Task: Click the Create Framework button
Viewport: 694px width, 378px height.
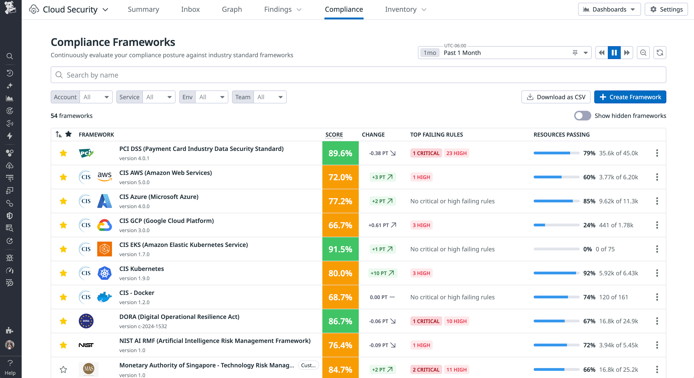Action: pyautogui.click(x=630, y=97)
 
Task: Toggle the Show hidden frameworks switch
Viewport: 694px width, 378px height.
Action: pyautogui.click(x=582, y=116)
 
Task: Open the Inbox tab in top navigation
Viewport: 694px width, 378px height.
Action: pyautogui.click(x=190, y=9)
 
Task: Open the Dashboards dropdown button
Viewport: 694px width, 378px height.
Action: pyautogui.click(x=609, y=9)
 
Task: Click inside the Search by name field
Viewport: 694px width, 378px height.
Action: pyautogui.click(x=358, y=75)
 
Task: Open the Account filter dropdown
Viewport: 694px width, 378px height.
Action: pyautogui.click(x=96, y=97)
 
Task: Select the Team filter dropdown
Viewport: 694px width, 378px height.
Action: pyautogui.click(x=269, y=97)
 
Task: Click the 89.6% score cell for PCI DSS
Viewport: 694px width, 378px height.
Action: pyautogui.click(x=340, y=153)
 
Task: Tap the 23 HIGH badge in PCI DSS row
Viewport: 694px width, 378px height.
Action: pyautogui.click(x=456, y=153)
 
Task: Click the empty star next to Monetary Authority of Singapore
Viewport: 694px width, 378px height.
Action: pyautogui.click(x=63, y=369)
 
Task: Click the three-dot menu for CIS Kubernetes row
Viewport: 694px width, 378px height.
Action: pyautogui.click(x=657, y=273)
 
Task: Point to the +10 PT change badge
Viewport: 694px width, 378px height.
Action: pyautogui.click(x=382, y=273)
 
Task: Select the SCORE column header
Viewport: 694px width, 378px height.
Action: pyautogui.click(x=334, y=134)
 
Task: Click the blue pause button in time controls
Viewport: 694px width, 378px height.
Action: pyautogui.click(x=614, y=53)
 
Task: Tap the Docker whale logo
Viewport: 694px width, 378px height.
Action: pyautogui.click(x=105, y=297)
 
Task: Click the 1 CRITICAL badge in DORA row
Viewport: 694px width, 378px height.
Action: pyautogui.click(x=426, y=321)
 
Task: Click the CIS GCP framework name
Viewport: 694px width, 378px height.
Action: pyautogui.click(x=166, y=221)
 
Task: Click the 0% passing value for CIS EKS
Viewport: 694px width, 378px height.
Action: pyautogui.click(x=587, y=249)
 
